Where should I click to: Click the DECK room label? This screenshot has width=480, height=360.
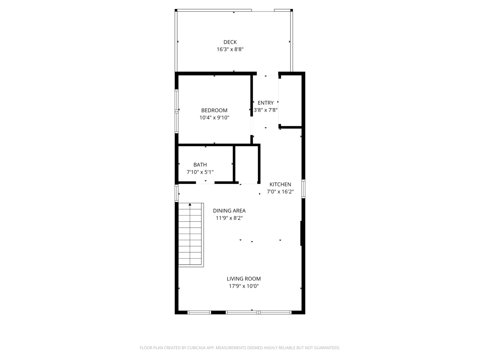point(230,42)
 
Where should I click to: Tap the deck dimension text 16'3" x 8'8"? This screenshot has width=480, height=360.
point(230,49)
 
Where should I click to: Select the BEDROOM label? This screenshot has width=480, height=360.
point(214,110)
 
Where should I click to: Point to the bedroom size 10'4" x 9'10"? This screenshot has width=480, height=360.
point(214,118)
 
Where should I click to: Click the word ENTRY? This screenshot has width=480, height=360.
point(266,103)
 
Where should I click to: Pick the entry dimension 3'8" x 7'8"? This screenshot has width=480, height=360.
point(266,110)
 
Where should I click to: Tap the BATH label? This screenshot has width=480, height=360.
point(200,165)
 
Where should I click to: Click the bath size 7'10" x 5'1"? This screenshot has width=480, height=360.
point(200,172)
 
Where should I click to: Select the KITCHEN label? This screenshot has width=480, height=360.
point(280,184)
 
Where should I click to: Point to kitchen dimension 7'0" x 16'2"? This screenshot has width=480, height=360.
point(280,192)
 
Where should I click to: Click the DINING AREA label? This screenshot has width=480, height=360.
point(229,211)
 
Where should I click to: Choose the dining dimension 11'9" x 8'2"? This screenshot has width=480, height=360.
point(229,218)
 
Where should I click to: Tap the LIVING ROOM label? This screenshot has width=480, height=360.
point(244,279)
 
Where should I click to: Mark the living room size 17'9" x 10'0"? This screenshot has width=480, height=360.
point(244,286)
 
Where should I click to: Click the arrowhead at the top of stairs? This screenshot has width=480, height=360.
point(190,204)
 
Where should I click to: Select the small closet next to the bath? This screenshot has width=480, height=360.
point(247,164)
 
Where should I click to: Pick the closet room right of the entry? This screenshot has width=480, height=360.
point(290,101)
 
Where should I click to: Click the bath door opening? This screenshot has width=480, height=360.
point(205,182)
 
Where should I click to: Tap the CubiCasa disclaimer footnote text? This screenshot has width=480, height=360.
point(240,348)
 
